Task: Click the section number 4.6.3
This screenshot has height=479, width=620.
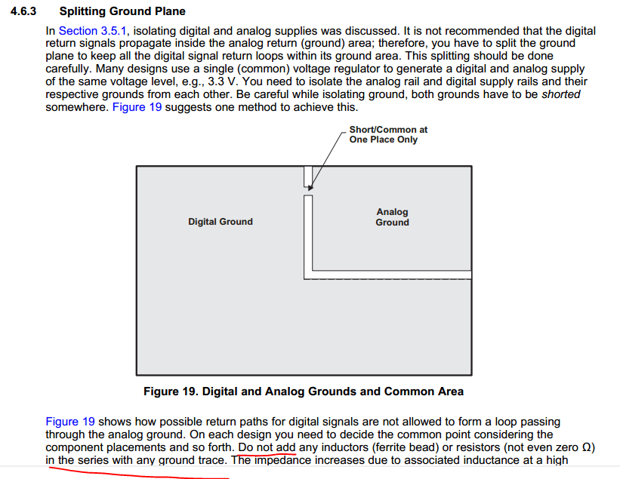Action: (x=25, y=12)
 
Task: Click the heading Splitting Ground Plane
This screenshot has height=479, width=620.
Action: (x=122, y=12)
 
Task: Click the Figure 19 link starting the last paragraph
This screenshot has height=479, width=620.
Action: (x=70, y=422)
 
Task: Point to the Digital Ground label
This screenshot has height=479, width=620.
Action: (x=221, y=221)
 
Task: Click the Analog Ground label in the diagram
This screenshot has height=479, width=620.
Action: (x=392, y=217)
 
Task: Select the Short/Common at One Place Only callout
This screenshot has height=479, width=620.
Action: (x=388, y=135)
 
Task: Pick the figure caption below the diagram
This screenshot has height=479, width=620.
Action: (x=304, y=391)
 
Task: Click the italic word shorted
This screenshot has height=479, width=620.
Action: (x=561, y=95)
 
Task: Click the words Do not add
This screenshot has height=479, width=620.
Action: (x=267, y=447)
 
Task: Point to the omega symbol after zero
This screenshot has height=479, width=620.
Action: (x=587, y=447)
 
